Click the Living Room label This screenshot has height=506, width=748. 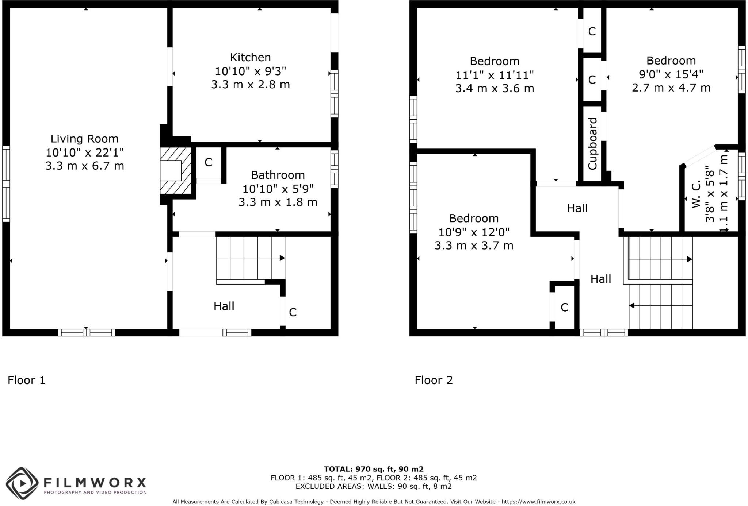84,139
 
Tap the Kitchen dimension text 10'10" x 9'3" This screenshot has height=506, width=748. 250,71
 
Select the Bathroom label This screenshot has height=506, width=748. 278,175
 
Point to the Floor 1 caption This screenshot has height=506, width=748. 26,380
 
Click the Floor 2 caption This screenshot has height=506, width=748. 434,380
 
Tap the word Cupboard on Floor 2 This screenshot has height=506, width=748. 592,143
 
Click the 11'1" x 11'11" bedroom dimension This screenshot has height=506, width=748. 495,75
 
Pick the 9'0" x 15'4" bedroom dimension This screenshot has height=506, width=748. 671,74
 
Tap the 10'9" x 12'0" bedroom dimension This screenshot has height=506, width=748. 474,232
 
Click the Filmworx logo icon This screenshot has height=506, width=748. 22,483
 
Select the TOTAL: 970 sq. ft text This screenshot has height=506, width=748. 373,469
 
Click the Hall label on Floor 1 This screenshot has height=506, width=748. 224,306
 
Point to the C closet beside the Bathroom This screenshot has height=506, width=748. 208,162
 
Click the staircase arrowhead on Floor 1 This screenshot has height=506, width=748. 282,258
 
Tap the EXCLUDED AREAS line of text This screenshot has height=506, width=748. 373,486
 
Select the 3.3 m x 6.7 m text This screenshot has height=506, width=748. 84,166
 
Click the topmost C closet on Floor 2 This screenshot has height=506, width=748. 592,32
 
